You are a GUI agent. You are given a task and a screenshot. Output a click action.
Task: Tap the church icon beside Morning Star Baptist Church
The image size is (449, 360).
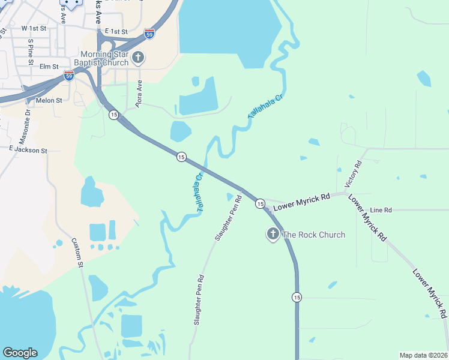[139, 58]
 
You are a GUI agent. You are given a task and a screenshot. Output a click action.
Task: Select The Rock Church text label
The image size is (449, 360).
[313, 235]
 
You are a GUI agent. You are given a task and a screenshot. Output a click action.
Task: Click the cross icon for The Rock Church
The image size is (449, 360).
[273, 234]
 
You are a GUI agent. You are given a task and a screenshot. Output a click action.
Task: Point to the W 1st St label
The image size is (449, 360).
[34, 28]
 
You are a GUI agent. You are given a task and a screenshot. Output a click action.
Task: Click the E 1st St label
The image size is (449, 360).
[116, 31]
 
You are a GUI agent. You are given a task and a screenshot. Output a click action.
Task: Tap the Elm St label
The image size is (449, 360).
[49, 67]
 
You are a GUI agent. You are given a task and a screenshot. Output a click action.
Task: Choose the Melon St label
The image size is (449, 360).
[49, 101]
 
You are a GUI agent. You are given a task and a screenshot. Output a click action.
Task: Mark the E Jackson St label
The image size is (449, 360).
[28, 150]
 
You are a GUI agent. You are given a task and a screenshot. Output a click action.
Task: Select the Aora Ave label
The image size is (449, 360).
[139, 94]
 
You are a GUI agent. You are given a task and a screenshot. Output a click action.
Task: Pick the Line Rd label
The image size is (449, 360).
[381, 210]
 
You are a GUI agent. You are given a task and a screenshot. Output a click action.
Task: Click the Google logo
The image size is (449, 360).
[20, 353]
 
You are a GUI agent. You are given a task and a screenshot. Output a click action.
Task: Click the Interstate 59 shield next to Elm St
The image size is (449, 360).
[69, 76]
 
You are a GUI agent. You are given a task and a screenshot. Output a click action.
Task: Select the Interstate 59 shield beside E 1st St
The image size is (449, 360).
[149, 34]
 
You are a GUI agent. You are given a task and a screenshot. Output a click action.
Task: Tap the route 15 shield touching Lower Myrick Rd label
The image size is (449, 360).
[260, 204]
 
